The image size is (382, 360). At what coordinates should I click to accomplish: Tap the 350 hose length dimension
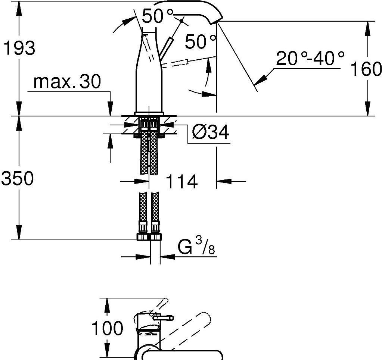click(17, 178)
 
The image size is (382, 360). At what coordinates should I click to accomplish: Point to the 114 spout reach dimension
click(181, 181)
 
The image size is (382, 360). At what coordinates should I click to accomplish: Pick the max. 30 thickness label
click(67, 82)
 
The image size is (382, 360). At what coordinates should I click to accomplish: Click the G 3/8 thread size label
click(196, 246)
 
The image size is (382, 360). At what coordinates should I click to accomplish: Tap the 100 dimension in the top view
click(107, 328)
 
